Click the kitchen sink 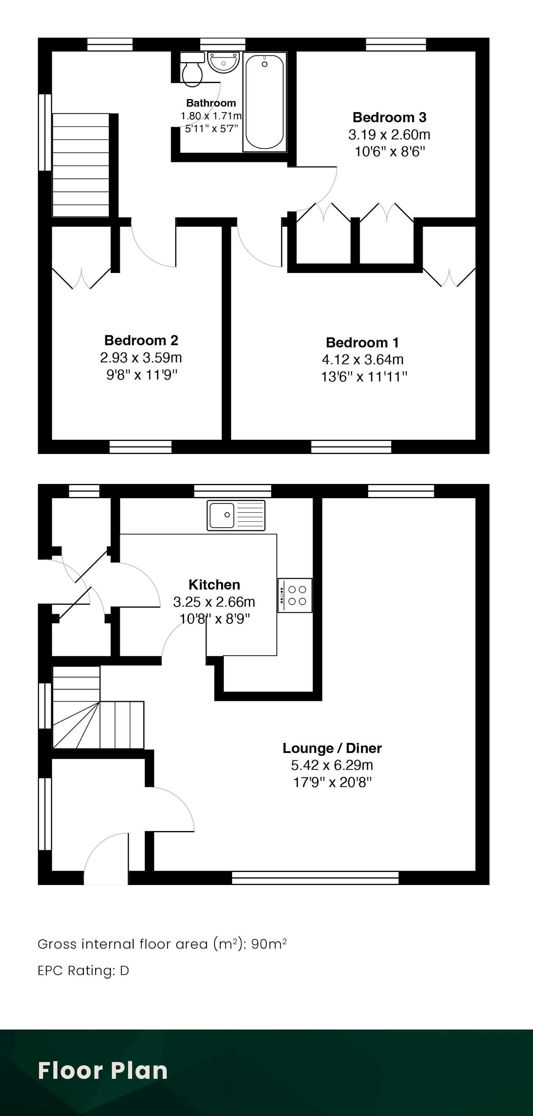pyautogui.click(x=236, y=515)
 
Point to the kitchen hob pyautogui.click(x=295, y=595)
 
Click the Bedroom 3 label pyautogui.click(x=389, y=117)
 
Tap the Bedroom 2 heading pyautogui.click(x=141, y=340)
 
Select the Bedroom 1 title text pyautogui.click(x=362, y=343)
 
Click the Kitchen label pyautogui.click(x=214, y=585)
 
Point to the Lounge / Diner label pyautogui.click(x=332, y=748)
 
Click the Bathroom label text pyautogui.click(x=211, y=103)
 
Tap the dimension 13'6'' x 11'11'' pyautogui.click(x=364, y=377)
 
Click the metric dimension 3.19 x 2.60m pyautogui.click(x=389, y=135)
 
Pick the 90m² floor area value pyautogui.click(x=269, y=944)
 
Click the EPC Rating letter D pyautogui.click(x=125, y=971)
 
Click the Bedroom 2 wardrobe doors pyautogui.click(x=81, y=279)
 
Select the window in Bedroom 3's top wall pyautogui.click(x=396, y=45)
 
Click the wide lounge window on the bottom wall pyautogui.click(x=315, y=878)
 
